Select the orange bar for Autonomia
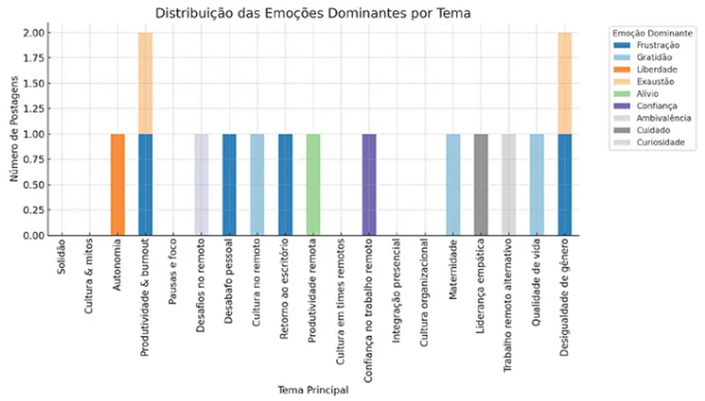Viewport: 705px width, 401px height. (x=117, y=185)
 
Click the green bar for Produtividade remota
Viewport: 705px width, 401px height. (x=313, y=185)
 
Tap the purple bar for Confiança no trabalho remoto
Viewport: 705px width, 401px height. (x=370, y=185)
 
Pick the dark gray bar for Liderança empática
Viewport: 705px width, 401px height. (x=481, y=185)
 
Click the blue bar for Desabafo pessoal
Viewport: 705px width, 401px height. (x=230, y=185)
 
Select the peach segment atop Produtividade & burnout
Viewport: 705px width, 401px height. (x=145, y=83)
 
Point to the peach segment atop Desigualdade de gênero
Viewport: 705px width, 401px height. (x=565, y=83)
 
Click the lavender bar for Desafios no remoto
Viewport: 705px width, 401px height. (x=202, y=185)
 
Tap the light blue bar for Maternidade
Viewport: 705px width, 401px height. (x=453, y=185)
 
